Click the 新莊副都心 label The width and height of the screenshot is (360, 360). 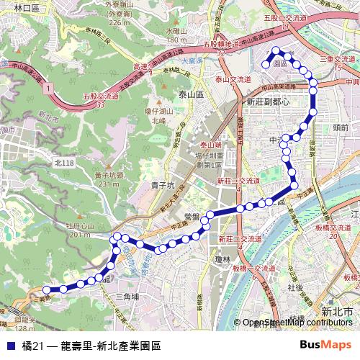[x=268, y=102]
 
